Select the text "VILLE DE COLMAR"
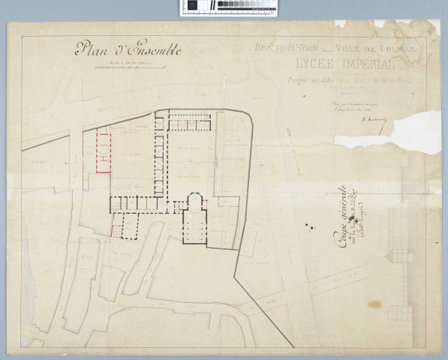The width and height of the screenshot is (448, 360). coord(383,51)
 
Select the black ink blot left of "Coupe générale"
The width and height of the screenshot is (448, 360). coord(308,222)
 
